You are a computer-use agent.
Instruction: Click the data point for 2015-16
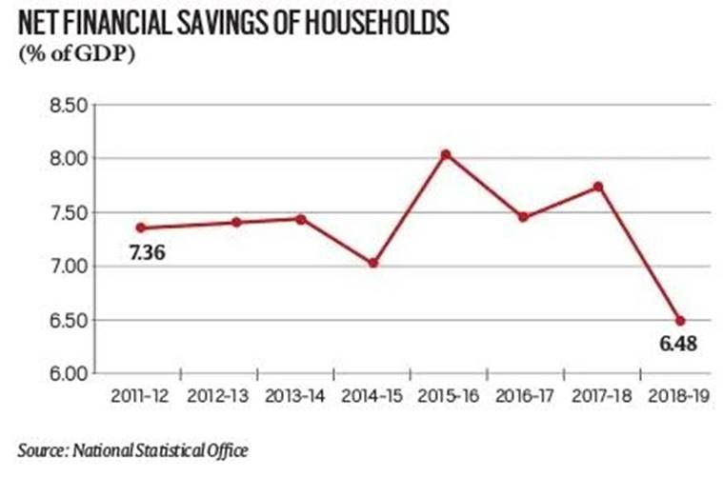tap(446, 154)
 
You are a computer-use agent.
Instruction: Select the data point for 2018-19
tap(680, 320)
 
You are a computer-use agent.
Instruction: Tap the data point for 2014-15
tap(372, 263)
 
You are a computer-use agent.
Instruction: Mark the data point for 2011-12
tap(141, 228)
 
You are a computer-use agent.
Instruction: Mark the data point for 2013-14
tap(300, 219)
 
